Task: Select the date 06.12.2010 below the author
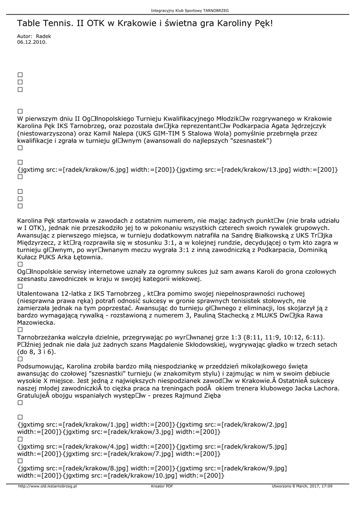tap(32, 42)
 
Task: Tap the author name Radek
tap(43, 36)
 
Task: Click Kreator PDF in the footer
tap(162, 486)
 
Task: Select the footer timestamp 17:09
tap(327, 486)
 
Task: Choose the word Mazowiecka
tap(36, 322)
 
